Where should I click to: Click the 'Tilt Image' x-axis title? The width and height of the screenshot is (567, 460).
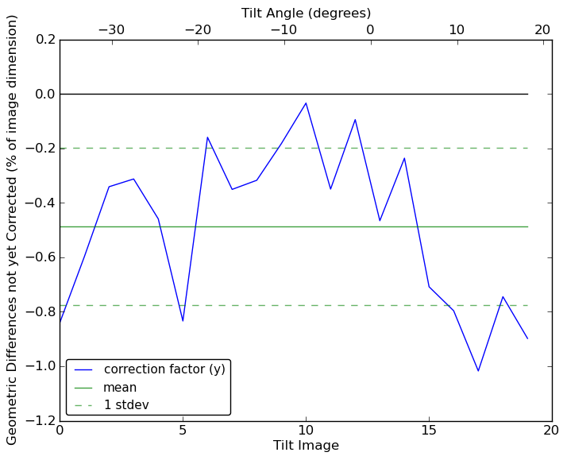(x=306, y=446)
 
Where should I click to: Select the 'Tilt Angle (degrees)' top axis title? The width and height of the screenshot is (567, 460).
(x=306, y=13)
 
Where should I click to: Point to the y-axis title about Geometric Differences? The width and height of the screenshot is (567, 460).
(x=13, y=230)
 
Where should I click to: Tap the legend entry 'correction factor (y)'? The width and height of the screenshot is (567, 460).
(x=164, y=369)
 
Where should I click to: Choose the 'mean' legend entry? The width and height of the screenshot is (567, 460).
(x=120, y=388)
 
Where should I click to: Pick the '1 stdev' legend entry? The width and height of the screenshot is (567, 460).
(x=126, y=405)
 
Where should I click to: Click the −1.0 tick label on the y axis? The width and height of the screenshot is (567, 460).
(x=39, y=366)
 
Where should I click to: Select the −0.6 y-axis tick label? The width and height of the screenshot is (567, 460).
(x=39, y=257)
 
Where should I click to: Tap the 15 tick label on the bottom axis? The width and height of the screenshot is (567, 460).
(x=429, y=431)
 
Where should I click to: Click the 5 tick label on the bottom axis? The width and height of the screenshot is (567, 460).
(x=183, y=431)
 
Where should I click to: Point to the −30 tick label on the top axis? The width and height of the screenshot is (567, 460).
(x=111, y=30)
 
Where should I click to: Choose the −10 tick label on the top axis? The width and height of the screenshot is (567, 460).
(x=283, y=30)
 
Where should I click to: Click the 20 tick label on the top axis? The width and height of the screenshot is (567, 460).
(x=542, y=30)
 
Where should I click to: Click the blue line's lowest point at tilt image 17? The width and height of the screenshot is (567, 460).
(x=478, y=371)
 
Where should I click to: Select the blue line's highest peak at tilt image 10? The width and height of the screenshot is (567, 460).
(x=306, y=102)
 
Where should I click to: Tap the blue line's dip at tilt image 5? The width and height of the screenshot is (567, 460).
(x=183, y=321)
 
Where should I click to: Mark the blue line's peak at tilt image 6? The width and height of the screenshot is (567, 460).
(x=207, y=137)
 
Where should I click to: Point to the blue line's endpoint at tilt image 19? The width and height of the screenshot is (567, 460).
(x=527, y=338)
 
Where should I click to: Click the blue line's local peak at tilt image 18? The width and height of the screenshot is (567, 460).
(x=503, y=296)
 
